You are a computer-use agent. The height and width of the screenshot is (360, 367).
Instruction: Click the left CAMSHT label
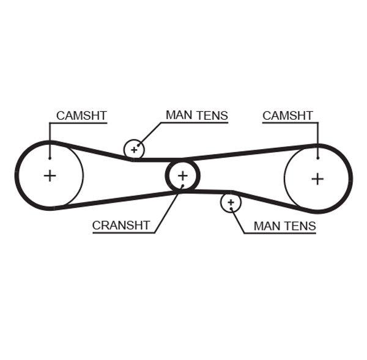click(x=81, y=116)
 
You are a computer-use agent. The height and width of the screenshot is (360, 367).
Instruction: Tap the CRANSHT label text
click(x=120, y=226)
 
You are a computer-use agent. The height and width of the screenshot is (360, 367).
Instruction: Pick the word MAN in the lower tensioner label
click(x=267, y=226)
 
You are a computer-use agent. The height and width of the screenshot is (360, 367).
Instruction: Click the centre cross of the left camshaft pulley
click(x=50, y=176)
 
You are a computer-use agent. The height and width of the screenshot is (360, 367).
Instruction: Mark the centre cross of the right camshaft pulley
click(x=317, y=178)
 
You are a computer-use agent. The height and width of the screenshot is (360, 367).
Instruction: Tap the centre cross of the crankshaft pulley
click(x=182, y=176)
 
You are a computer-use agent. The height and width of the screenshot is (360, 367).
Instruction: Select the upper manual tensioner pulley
click(x=134, y=149)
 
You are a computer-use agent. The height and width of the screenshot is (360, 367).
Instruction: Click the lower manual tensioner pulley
click(x=231, y=202)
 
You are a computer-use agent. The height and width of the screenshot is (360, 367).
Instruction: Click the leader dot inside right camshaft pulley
click(x=318, y=157)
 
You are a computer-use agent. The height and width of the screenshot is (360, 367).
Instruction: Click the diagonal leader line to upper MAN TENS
click(x=150, y=134)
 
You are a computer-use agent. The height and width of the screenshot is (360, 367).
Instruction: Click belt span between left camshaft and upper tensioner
click(x=92, y=150)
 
